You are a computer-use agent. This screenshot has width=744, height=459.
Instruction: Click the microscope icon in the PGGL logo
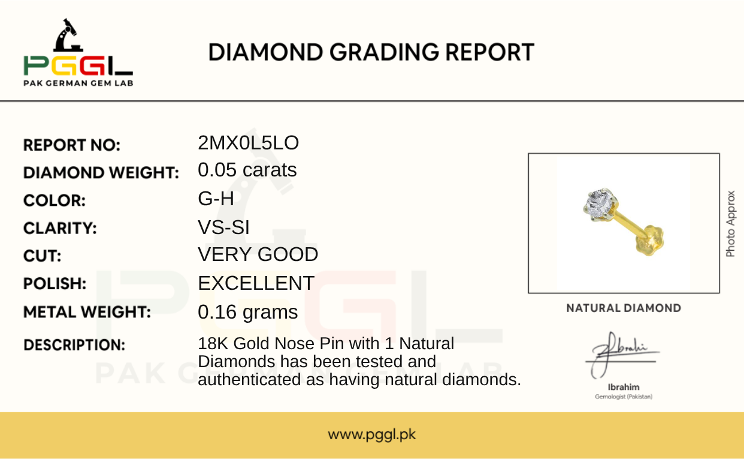tap(68, 35)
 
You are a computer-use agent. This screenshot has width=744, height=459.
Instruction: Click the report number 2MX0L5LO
tap(248, 143)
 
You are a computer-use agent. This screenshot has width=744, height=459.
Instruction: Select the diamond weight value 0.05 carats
tap(247, 170)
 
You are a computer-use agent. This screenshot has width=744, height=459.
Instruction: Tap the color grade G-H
tap(216, 199)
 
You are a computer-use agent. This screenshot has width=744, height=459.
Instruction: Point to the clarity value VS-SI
tap(223, 227)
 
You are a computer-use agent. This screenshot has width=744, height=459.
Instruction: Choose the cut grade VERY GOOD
tap(258, 254)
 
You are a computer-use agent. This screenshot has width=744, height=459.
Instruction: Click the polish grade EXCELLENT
tap(256, 283)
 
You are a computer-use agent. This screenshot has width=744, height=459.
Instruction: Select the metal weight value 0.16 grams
tap(248, 313)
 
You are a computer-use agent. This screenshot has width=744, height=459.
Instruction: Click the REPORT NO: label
tap(72, 145)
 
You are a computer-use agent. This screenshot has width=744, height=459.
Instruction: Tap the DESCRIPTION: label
tap(74, 345)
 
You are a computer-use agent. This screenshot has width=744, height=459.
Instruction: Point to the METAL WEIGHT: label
tap(87, 312)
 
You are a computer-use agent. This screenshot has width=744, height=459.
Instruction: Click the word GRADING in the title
tap(384, 52)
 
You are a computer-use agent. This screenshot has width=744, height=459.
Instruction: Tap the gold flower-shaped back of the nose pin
tap(649, 240)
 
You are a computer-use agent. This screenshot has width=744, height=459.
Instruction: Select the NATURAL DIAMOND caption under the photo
tap(624, 308)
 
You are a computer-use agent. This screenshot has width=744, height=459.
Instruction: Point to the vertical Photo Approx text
tap(730, 224)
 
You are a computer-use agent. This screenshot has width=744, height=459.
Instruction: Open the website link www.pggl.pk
tap(371, 434)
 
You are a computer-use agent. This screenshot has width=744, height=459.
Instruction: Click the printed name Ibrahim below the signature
tap(624, 387)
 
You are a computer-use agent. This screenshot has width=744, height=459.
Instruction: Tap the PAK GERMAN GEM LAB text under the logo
tap(78, 83)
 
